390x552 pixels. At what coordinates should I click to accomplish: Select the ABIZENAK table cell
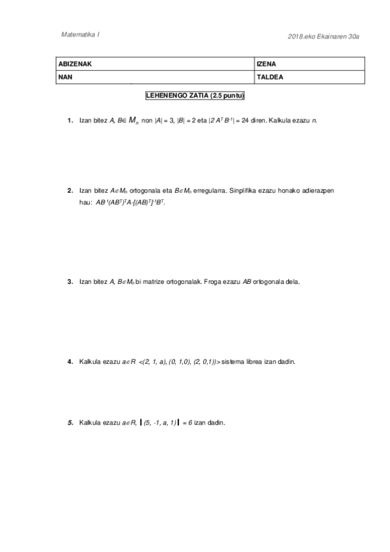point(154,64)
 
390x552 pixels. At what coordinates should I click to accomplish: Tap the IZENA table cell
point(309,64)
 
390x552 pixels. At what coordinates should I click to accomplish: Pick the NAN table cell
point(154,77)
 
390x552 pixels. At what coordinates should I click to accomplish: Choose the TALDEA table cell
point(309,77)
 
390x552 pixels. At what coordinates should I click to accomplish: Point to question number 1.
point(70,121)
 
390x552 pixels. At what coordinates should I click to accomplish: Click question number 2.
point(70,191)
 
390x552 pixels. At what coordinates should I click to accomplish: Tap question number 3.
point(70,282)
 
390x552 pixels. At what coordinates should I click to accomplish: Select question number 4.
point(70,360)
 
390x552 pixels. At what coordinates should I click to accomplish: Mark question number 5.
point(70,423)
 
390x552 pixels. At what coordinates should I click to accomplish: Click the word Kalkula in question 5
point(91,423)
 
